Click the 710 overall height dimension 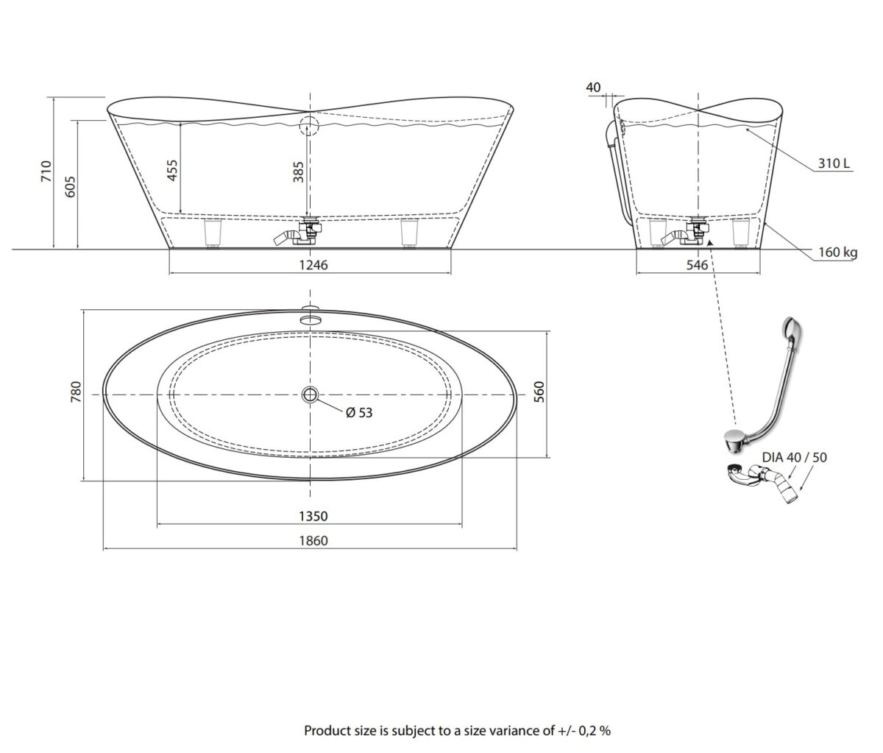click(46, 171)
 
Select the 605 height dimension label click(70, 187)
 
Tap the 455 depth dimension click(171, 170)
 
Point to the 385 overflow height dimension click(298, 172)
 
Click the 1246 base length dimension click(313, 265)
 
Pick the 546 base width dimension click(697, 265)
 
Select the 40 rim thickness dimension click(593, 87)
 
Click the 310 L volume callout click(834, 163)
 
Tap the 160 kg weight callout click(837, 252)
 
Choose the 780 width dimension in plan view click(76, 392)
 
